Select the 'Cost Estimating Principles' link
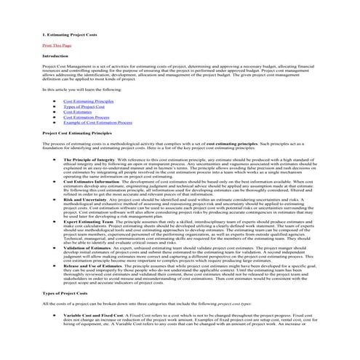click(88, 101)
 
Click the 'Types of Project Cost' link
click(84, 106)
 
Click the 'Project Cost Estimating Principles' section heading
click(78, 133)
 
